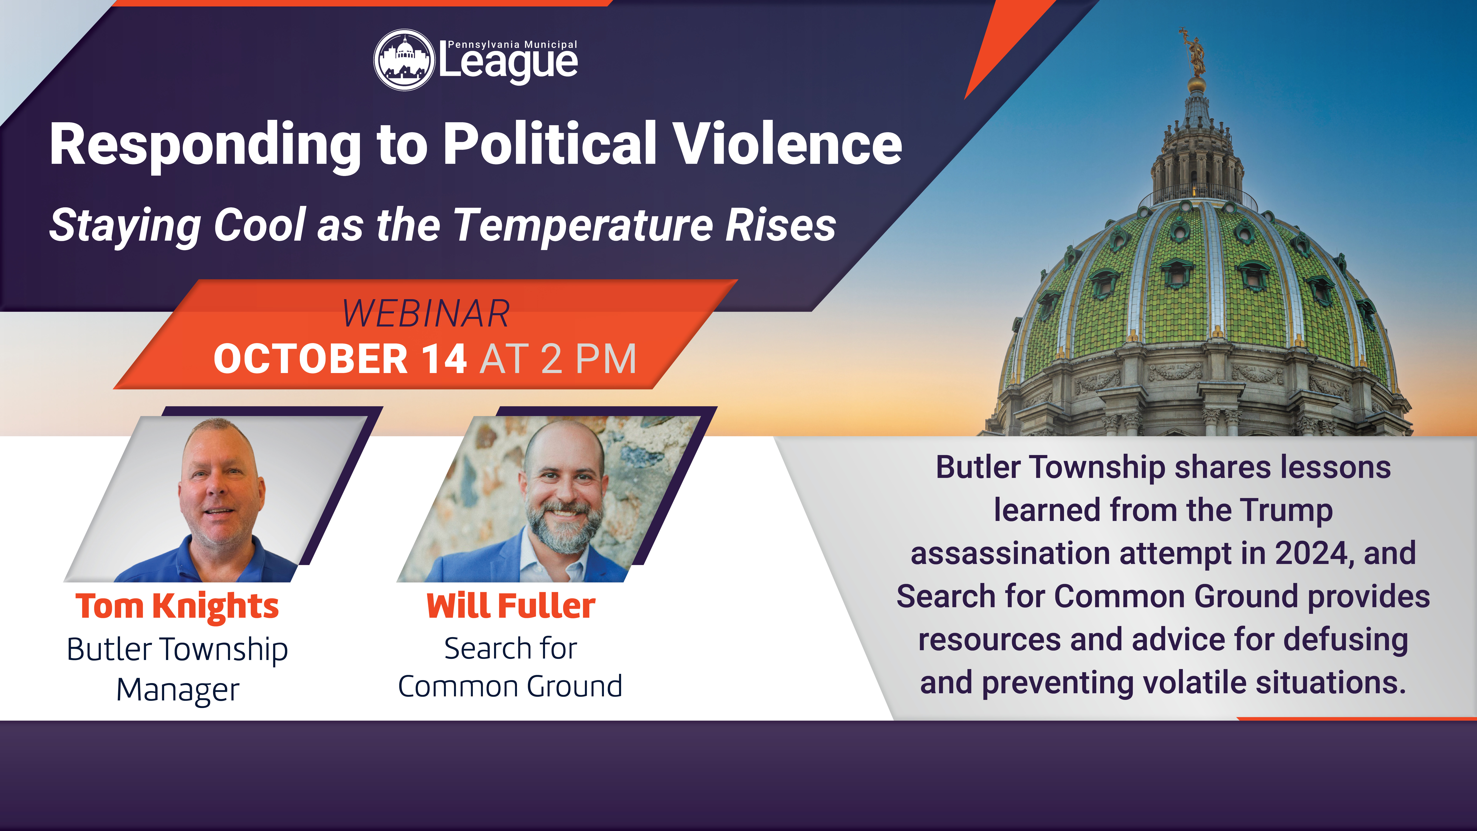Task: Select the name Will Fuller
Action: click(511, 606)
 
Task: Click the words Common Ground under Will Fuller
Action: click(510, 686)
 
